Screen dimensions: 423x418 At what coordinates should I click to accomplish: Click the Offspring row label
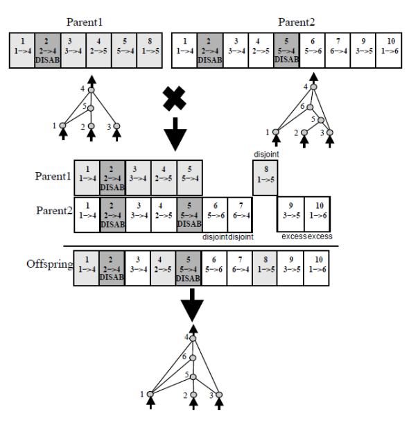(x=49, y=264)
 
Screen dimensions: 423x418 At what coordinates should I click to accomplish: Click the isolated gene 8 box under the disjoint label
(x=265, y=178)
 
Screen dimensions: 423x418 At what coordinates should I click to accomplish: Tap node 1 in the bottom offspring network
(x=150, y=395)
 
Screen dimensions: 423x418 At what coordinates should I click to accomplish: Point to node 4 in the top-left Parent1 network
(x=91, y=90)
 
